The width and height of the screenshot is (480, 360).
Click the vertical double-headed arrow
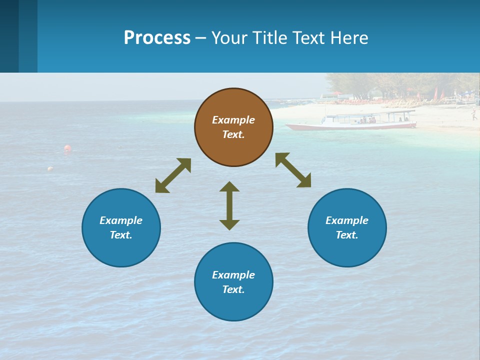tap(229, 205)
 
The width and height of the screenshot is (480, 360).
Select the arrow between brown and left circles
tap(173, 175)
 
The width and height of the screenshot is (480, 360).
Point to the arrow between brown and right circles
tap(293, 170)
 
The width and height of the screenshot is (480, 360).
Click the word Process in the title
tap(157, 38)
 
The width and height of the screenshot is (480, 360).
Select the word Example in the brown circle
tap(233, 120)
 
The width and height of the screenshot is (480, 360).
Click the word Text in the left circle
tap(121, 235)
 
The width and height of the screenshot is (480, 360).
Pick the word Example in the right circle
tap(347, 220)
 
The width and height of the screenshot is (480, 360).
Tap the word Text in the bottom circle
tap(233, 289)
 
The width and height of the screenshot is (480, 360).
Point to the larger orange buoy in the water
tap(67, 148)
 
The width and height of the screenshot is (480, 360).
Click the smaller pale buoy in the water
tap(50, 169)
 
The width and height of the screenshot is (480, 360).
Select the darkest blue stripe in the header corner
tap(9, 36)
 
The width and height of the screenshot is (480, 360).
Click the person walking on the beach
tap(473, 115)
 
